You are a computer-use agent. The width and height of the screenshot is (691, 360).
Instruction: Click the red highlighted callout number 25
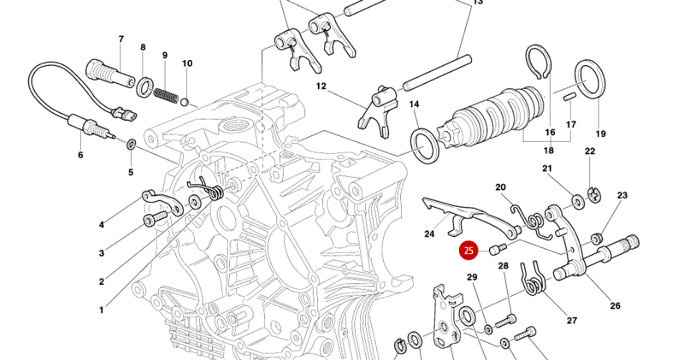tap(469, 250)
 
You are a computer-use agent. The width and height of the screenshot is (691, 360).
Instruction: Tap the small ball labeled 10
tap(184, 101)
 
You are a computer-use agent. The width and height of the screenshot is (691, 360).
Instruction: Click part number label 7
tap(121, 39)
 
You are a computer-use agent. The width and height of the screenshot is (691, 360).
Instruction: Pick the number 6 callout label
tap(80, 155)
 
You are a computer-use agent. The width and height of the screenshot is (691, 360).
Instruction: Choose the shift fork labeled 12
tap(377, 111)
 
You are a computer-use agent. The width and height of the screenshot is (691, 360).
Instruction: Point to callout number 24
tap(430, 233)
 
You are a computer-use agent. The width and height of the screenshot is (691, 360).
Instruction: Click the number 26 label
tap(615, 306)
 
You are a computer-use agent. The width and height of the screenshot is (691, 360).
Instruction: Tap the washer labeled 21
tap(579, 200)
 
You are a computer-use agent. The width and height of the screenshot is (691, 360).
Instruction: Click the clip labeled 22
tap(593, 193)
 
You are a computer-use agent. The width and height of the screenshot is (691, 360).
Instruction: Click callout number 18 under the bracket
tap(549, 151)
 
